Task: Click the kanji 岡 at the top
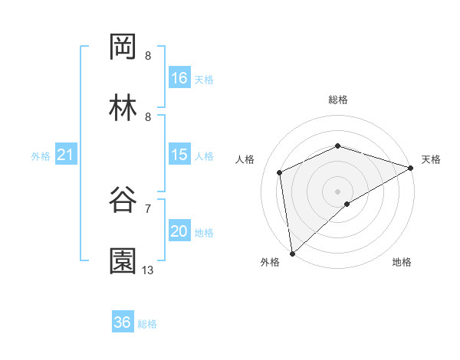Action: (x=123, y=47)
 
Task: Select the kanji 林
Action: (x=123, y=108)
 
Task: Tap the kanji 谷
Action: (x=123, y=199)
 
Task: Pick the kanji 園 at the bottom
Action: (x=123, y=260)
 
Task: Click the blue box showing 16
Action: (x=179, y=78)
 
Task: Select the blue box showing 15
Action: (x=179, y=155)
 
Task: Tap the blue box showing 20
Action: (x=179, y=231)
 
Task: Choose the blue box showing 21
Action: (x=66, y=155)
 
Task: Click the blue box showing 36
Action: (x=123, y=322)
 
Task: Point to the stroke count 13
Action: (x=148, y=270)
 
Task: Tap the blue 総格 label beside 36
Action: (x=147, y=324)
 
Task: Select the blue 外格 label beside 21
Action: (x=41, y=156)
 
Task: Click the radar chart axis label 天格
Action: (x=431, y=159)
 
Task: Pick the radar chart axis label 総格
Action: (x=338, y=100)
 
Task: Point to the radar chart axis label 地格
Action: (x=402, y=262)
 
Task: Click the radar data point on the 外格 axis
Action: (x=292, y=253)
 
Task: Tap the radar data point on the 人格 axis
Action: (x=280, y=172)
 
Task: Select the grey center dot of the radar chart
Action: (x=338, y=191)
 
